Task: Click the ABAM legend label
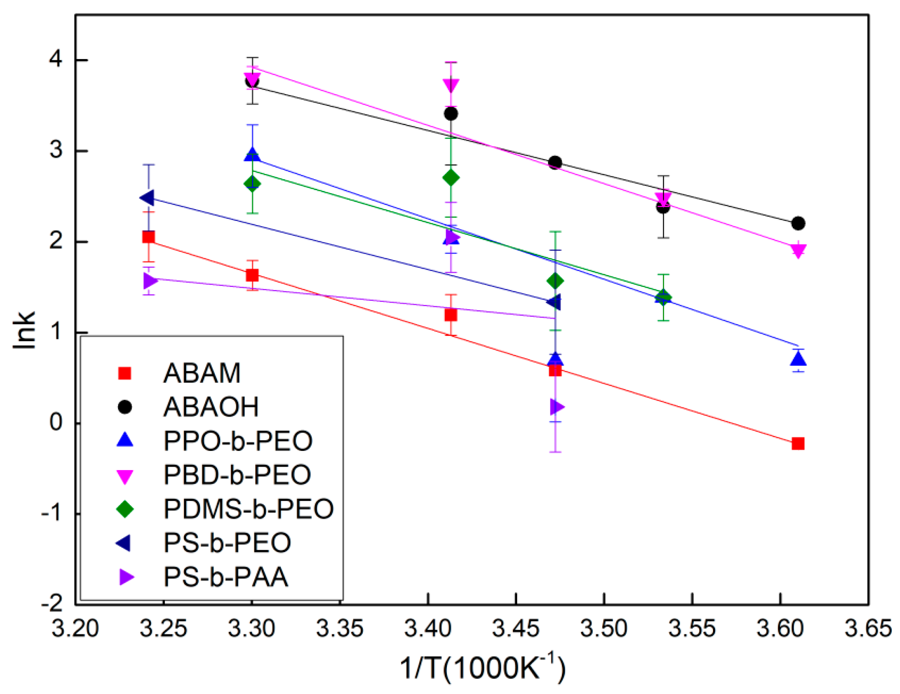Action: [x=201, y=373]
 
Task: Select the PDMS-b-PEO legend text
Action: [x=248, y=509]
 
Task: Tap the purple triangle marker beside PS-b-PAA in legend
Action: [x=126, y=577]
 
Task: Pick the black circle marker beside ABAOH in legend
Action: [x=125, y=407]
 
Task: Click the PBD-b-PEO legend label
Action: [x=237, y=474]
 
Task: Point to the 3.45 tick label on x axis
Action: [x=516, y=628]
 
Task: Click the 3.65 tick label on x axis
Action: [x=867, y=628]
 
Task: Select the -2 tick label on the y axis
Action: [x=52, y=603]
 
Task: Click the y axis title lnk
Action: [x=24, y=330]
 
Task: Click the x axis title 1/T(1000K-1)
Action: [x=482, y=667]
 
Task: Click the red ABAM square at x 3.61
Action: [x=798, y=444]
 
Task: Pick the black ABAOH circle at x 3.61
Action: [x=798, y=224]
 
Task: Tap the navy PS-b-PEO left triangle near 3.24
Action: [x=148, y=198]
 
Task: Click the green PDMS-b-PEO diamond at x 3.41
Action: [x=451, y=178]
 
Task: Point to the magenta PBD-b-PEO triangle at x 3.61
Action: [x=798, y=251]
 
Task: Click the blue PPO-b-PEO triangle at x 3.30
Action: [x=252, y=155]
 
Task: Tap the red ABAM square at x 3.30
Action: [x=252, y=275]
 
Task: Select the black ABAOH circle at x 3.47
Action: [x=555, y=163]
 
